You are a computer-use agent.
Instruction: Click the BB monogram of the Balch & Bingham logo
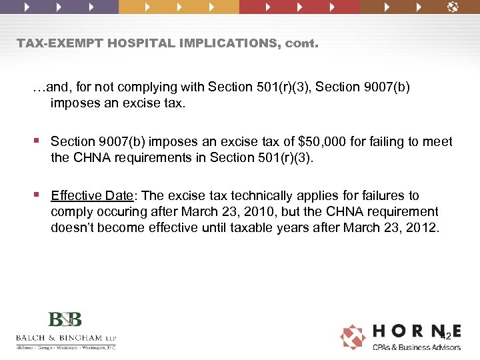click(66, 320)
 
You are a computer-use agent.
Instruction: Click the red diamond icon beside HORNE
click(353, 337)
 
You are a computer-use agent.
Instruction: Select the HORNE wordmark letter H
click(382, 331)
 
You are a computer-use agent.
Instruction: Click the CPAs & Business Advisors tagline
click(416, 347)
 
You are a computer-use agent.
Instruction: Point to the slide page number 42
click(445, 337)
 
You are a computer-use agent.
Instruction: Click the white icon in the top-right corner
click(453, 7)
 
